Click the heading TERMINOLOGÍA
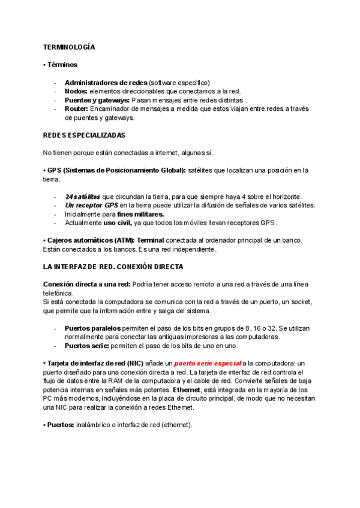pos(70,47)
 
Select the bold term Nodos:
pos(76,91)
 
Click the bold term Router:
pos(76,109)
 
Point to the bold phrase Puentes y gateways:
pos(97,100)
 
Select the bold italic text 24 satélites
pos(82,196)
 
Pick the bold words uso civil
pos(118,223)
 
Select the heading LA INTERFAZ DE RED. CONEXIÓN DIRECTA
pos(113,267)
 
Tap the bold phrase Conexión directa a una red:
pos(85,284)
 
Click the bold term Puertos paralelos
pos(92,328)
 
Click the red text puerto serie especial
pos(208,364)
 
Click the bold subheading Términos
pos(62,65)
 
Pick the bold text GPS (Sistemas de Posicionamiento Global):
pos(116,170)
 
